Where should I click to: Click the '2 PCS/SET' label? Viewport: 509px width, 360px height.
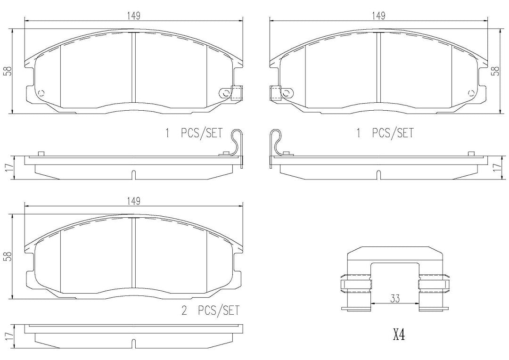coord(210,311)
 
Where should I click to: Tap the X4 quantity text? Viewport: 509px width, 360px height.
coord(399,335)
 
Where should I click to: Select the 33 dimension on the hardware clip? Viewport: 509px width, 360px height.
coord(395,298)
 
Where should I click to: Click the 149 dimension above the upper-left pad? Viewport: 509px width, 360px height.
coord(133,16)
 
